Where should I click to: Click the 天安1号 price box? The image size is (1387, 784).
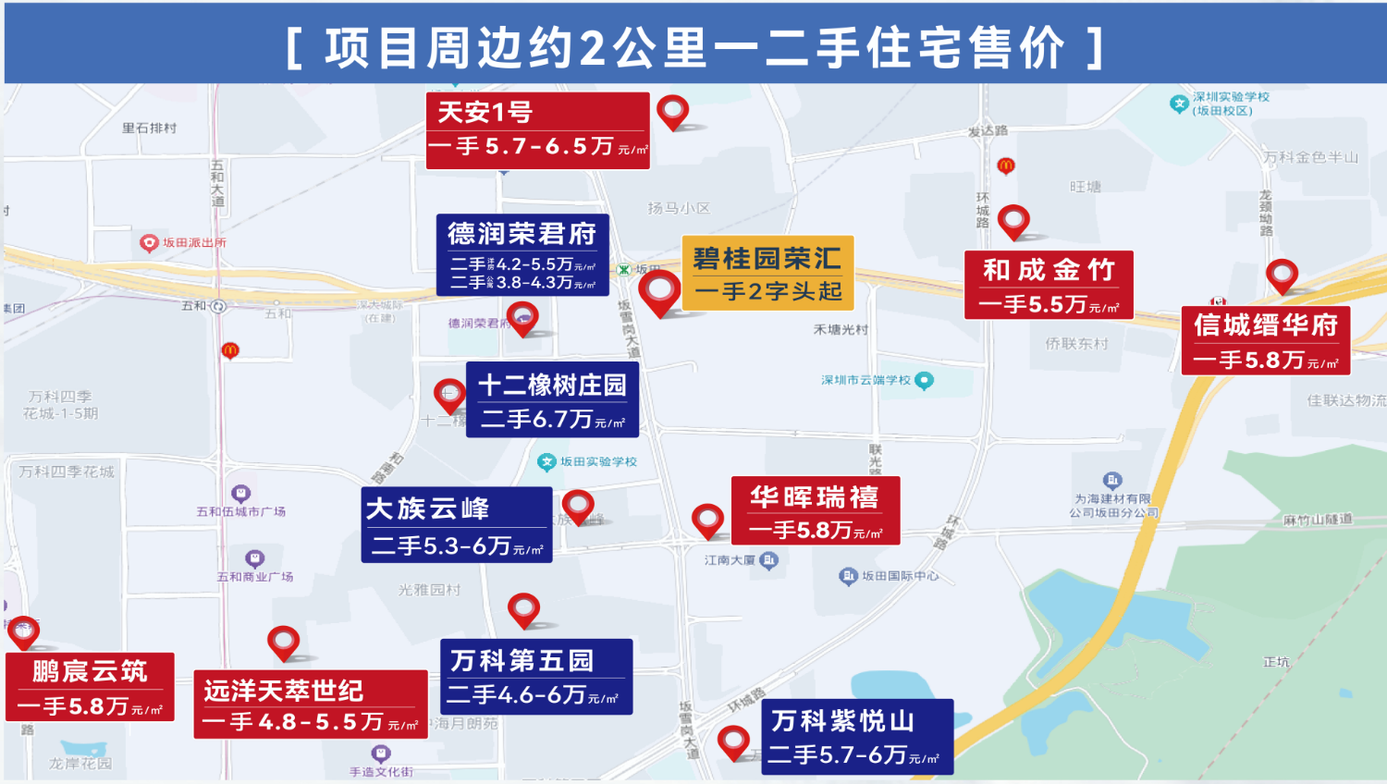coord(537,130)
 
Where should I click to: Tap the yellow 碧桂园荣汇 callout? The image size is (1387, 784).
coord(767,273)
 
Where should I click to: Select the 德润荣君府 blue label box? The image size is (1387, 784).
coord(522,255)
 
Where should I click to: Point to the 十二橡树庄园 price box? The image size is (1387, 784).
coord(552,399)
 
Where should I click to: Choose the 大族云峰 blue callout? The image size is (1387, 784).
coord(457,524)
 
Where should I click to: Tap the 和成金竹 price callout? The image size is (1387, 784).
coord(1049,285)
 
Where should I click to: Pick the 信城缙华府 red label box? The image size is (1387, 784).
coord(1265,340)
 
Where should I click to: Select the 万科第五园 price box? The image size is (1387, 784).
coord(536,676)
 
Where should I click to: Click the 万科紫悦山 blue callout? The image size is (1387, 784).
coord(857,737)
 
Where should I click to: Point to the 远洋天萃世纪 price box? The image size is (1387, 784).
coord(310,704)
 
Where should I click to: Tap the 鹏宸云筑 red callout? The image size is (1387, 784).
coord(90,686)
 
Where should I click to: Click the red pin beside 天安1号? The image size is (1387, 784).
coord(673,112)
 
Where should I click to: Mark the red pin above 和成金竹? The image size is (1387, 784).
coord(1013,220)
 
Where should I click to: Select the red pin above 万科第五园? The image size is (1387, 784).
coord(523,608)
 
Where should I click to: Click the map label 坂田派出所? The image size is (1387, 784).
coord(193,242)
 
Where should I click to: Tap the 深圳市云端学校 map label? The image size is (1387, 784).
coord(866,380)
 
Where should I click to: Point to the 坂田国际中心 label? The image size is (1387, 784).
coord(900,576)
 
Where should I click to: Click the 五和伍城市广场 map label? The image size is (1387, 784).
coord(240,511)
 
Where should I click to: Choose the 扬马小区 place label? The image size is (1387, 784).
coord(679,208)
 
